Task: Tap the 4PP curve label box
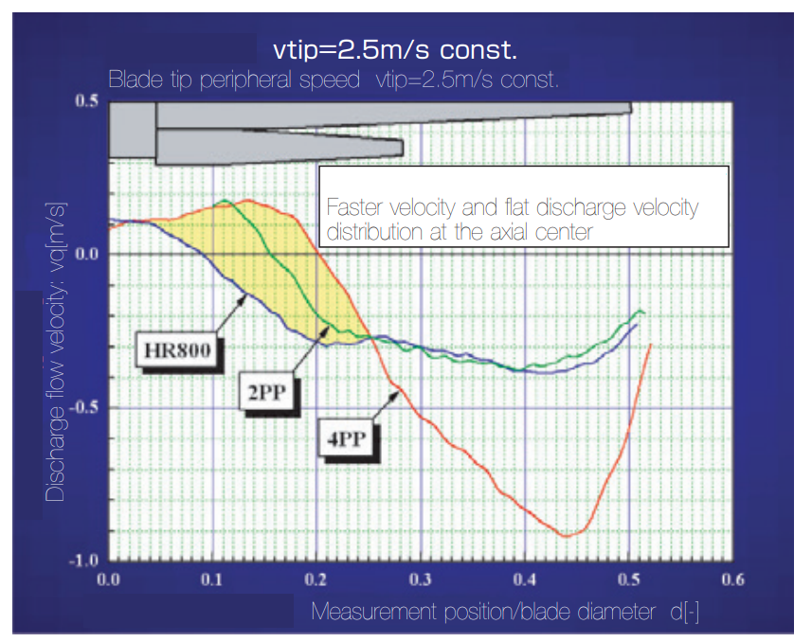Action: [350, 438]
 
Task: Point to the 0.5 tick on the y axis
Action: [86, 101]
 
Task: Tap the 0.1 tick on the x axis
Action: [213, 579]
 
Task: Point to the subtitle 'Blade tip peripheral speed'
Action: [233, 79]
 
